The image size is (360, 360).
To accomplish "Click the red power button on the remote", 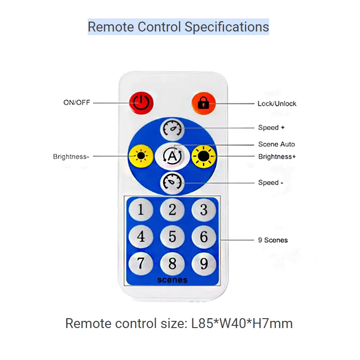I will click(141, 103).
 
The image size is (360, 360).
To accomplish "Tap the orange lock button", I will click(203, 103).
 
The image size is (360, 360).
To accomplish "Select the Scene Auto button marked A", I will click(172, 156).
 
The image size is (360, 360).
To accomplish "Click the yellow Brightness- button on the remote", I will click(141, 156).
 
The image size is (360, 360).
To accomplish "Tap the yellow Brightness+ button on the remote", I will click(204, 156).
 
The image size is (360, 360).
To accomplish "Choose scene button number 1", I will click(141, 210).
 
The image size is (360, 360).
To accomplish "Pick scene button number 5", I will click(172, 236).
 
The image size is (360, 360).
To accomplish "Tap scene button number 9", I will click(204, 263).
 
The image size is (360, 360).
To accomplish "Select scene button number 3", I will click(204, 210).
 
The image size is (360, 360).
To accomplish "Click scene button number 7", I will click(141, 263).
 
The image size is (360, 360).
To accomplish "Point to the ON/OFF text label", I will click(76, 103).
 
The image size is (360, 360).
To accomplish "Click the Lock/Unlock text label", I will click(277, 103).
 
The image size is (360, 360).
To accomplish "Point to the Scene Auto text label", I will click(276, 144).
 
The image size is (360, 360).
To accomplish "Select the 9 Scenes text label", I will click(273, 240).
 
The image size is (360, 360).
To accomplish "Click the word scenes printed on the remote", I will click(172, 280).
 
